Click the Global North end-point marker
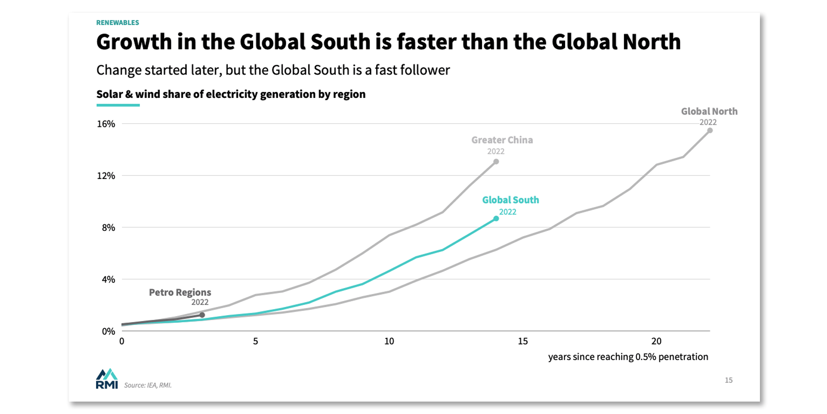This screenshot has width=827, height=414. pos(710,131)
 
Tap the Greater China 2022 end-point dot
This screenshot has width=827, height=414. pos(496,161)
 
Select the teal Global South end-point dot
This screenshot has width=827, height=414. pos(496,218)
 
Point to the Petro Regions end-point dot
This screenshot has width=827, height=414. pos(202,315)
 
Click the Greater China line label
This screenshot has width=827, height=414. pos(502,140)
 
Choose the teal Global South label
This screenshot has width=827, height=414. pos(510,200)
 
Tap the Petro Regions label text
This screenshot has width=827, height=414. pos(180,293)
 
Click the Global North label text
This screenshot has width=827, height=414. pos(709,111)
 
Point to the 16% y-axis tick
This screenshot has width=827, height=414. pos(106,124)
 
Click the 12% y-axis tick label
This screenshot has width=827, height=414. pos(106,176)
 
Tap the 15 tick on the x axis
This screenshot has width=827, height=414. pos(523,341)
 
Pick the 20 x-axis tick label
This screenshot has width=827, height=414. pos(656,341)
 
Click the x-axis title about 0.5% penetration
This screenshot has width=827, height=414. pos(628,357)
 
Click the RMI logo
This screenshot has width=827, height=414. pos(107,379)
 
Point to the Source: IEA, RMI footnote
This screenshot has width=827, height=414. pos(147,385)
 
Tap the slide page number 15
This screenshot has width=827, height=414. pos(729,380)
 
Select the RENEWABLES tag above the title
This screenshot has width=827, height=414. pos(118,23)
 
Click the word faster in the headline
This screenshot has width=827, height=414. pos(426,42)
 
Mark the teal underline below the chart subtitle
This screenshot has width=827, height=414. pos(118,105)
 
